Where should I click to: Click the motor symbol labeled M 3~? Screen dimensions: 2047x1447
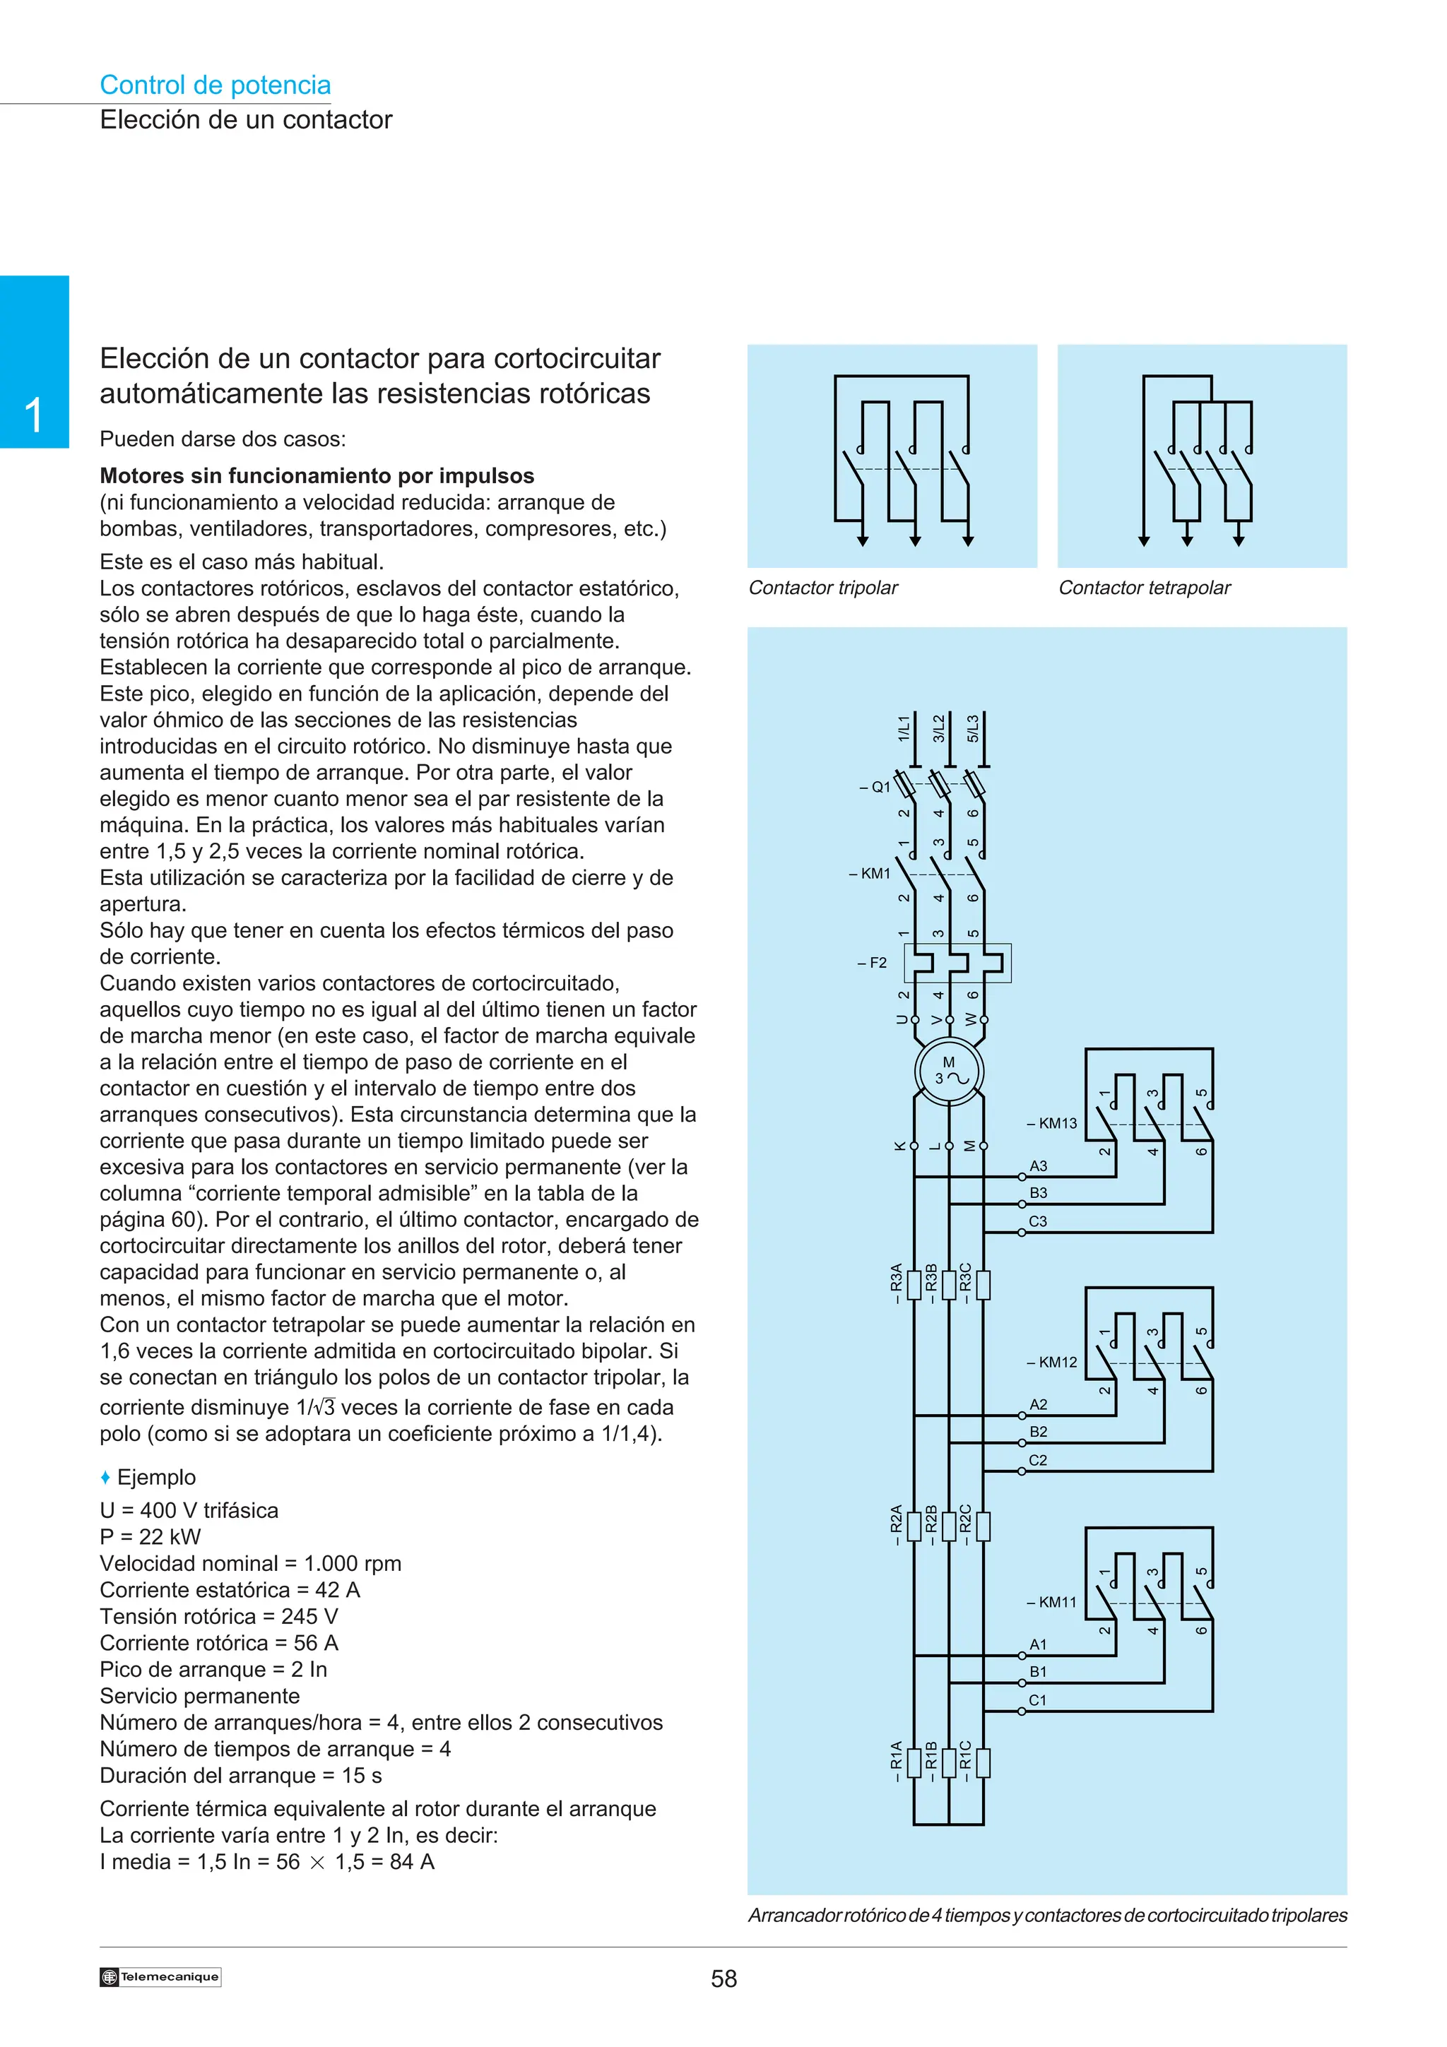949,1071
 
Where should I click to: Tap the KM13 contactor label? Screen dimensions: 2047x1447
1052,1123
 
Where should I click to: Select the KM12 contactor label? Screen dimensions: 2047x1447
1052,1363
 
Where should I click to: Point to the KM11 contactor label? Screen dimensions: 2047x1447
1052,1602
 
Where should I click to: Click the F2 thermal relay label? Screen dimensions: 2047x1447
873,963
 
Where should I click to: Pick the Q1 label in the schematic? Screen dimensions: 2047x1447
875,788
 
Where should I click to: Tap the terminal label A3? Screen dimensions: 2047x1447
1039,1166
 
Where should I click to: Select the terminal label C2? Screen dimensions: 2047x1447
1039,1460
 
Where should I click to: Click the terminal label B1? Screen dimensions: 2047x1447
1039,1672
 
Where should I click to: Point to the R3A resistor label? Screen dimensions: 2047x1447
897,1284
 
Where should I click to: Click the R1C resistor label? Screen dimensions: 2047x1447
966,1761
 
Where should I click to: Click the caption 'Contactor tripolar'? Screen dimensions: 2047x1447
823,588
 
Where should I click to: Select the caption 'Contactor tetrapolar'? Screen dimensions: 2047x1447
1144,588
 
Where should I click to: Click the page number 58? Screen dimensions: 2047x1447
724,1979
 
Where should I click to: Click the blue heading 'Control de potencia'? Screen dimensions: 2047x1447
215,85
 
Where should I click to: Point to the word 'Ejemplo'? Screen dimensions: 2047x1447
156,1477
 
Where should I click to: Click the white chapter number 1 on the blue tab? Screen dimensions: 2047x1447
34,415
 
